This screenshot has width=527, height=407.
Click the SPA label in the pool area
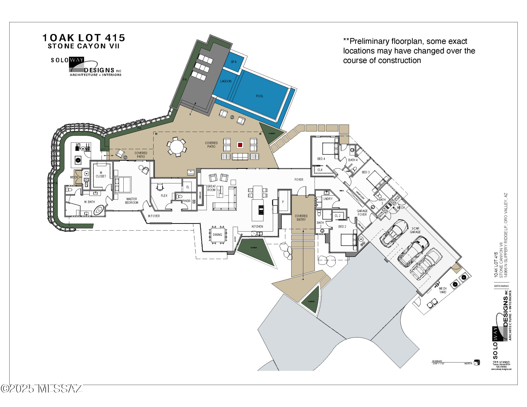pyautogui.click(x=233, y=62)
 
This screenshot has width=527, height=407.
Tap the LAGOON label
pyautogui.click(x=226, y=81)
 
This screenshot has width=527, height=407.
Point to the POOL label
pyautogui.click(x=260, y=96)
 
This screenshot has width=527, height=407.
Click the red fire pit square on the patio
pyautogui.click(x=240, y=145)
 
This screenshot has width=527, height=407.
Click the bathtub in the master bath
pyautogui.click(x=99, y=210)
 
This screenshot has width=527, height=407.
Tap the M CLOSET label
pyautogui.click(x=101, y=174)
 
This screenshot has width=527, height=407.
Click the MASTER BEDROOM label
pyautogui.click(x=131, y=201)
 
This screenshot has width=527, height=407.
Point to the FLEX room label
pyautogui.click(x=164, y=196)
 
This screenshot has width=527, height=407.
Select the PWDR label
pyautogui.click(x=186, y=201)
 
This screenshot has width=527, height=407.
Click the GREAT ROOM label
pyautogui.click(x=211, y=188)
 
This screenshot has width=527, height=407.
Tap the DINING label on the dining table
pyautogui.click(x=217, y=235)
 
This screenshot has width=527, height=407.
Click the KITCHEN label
pyautogui.click(x=257, y=227)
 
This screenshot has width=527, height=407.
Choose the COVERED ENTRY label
pyautogui.click(x=301, y=218)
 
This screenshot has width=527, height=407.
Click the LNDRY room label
pyautogui.click(x=328, y=199)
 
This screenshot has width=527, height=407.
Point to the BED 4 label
pyautogui.click(x=321, y=159)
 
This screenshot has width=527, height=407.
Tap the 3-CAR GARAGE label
pyautogui.click(x=415, y=230)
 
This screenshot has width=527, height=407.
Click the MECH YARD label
pyautogui.click(x=443, y=290)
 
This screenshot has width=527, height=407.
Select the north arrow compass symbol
pyautogui.click(x=477, y=362)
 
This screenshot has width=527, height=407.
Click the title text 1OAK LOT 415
pyautogui.click(x=84, y=38)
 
